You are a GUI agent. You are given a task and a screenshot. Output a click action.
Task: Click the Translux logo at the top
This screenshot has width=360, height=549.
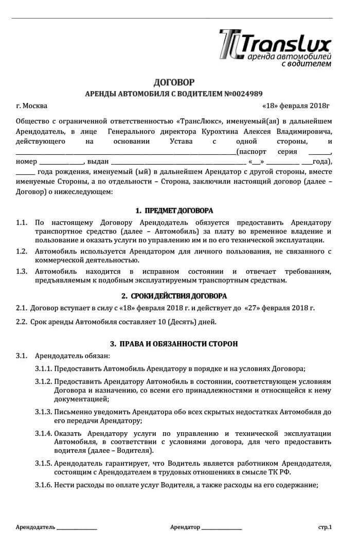click(275, 48)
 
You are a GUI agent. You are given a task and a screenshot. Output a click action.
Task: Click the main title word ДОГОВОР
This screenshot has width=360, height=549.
click(174, 82)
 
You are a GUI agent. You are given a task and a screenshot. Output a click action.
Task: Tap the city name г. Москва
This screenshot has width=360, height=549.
click(31, 106)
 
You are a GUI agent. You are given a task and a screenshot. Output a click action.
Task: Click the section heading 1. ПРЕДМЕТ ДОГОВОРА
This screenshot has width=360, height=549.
click(174, 211)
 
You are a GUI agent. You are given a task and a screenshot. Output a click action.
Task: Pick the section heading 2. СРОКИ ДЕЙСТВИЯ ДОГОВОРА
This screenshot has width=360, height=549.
click(174, 296)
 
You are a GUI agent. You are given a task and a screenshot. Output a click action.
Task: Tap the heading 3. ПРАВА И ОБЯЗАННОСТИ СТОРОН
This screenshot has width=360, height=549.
click(174, 343)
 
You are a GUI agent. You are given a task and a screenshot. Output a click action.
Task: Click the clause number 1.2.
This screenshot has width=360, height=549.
click(21, 251)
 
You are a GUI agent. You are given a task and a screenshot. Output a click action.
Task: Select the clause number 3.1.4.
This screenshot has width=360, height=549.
click(43, 433)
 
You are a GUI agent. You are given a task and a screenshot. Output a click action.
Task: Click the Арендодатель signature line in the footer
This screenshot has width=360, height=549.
click(77, 528)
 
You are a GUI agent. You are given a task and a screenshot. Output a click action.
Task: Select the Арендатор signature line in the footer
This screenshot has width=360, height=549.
click(222, 528)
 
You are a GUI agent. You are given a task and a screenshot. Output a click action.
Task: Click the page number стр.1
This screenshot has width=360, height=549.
click(325, 527)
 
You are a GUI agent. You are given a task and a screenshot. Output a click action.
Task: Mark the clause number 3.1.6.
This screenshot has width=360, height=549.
click(43, 485)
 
